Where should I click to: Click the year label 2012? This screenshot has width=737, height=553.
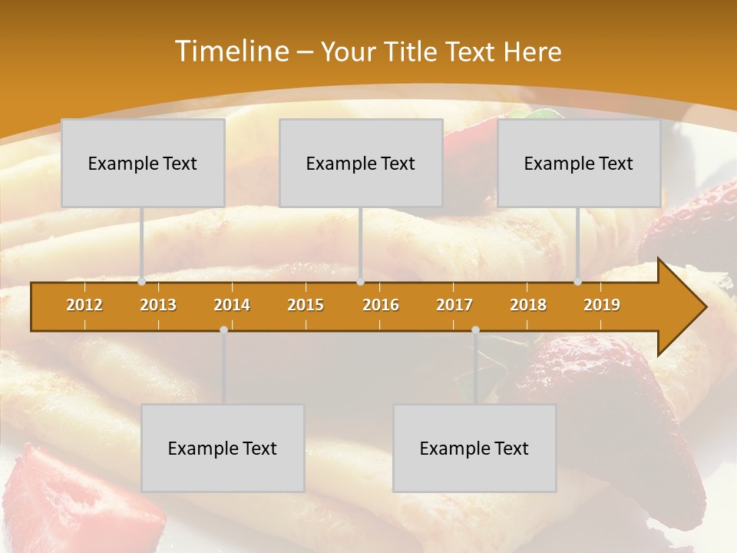(84, 305)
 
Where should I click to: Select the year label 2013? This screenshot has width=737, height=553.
(158, 305)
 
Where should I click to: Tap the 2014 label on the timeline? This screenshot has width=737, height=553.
(232, 305)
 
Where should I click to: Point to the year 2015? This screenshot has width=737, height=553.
(306, 305)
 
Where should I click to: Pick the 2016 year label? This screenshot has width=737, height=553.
(381, 305)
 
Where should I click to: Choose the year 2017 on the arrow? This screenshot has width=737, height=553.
(454, 305)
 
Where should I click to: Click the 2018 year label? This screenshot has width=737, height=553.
(528, 305)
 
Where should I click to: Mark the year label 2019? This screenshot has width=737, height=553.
(602, 305)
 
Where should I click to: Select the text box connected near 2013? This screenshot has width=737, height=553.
(143, 163)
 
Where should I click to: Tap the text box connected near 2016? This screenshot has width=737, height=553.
(361, 163)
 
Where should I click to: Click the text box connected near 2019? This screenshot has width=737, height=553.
(579, 163)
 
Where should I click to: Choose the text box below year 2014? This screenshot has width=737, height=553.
(223, 448)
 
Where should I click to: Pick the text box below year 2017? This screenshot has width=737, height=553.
(474, 448)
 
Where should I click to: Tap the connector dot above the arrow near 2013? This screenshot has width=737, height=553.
(141, 282)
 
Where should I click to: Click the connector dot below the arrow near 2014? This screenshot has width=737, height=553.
(223, 329)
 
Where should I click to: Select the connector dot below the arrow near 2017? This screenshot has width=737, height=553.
(475, 329)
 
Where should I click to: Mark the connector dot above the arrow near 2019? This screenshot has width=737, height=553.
(577, 282)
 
